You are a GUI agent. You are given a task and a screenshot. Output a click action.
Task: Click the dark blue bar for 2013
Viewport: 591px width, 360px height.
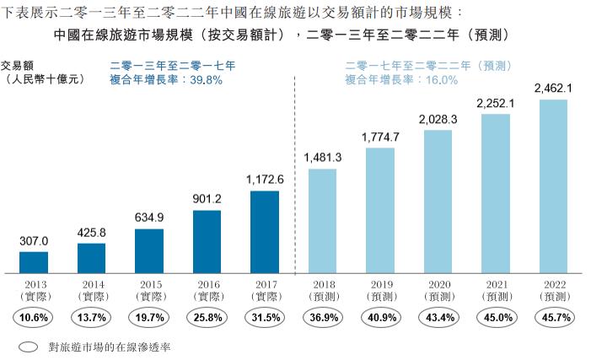click(x=34, y=263)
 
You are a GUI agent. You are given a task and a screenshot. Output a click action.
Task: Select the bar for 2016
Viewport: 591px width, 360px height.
click(x=207, y=242)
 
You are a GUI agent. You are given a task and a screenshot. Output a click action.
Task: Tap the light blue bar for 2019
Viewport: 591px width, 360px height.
click(x=379, y=211)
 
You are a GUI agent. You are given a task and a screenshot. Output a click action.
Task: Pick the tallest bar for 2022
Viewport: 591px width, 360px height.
click(x=553, y=186)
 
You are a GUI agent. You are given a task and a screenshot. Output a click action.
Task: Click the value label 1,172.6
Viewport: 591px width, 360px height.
click(x=264, y=180)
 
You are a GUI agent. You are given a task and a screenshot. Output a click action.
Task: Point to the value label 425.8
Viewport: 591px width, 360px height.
click(x=91, y=232)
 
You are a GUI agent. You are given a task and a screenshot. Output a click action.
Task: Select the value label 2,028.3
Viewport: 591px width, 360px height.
click(x=437, y=120)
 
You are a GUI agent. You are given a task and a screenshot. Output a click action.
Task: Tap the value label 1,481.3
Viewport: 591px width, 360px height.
click(x=322, y=158)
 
